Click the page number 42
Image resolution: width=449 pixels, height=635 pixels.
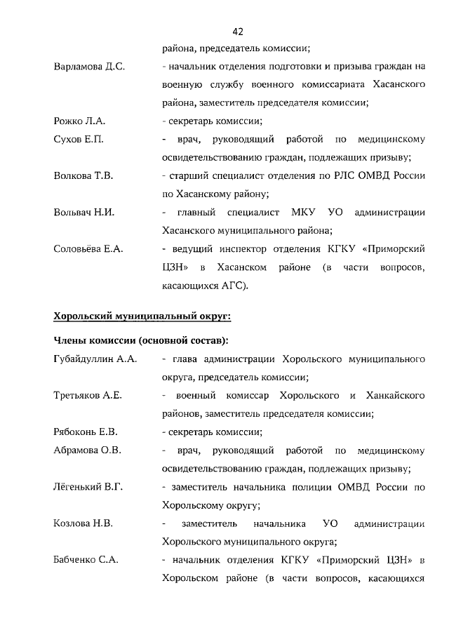pos(237,32)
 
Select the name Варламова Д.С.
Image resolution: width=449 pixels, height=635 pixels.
pos(89,67)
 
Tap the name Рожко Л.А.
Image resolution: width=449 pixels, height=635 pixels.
pos(79,121)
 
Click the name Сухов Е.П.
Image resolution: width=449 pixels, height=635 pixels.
pos(79,140)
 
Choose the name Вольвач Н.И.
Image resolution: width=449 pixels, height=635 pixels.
pos(84,212)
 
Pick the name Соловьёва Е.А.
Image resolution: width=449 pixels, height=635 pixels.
pos(88,248)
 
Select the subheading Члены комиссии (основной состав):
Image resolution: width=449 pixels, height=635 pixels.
pos(140,341)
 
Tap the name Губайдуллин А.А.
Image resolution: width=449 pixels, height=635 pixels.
pos(95,359)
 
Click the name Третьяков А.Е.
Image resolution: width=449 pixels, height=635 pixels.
pos(88,395)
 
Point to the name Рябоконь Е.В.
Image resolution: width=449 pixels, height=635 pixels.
pos(86,432)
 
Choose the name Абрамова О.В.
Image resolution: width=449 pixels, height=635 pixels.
pos(88,450)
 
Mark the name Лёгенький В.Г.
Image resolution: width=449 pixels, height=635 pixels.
pos(88,486)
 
